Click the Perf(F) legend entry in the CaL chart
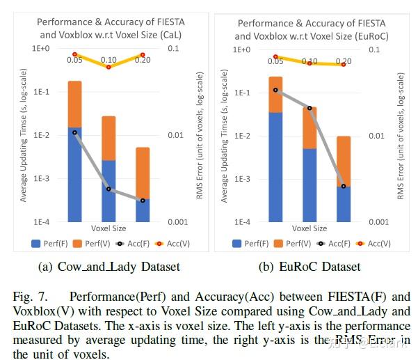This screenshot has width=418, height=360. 49,244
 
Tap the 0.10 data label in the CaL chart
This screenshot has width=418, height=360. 108,60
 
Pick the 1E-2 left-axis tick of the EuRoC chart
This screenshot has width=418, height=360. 241,136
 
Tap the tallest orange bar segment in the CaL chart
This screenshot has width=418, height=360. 75,104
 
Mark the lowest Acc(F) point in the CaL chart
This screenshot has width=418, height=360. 143,201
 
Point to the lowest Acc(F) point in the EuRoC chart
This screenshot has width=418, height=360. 344,186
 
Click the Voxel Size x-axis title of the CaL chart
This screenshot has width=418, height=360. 108,228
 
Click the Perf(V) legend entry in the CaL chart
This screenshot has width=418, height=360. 90,244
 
